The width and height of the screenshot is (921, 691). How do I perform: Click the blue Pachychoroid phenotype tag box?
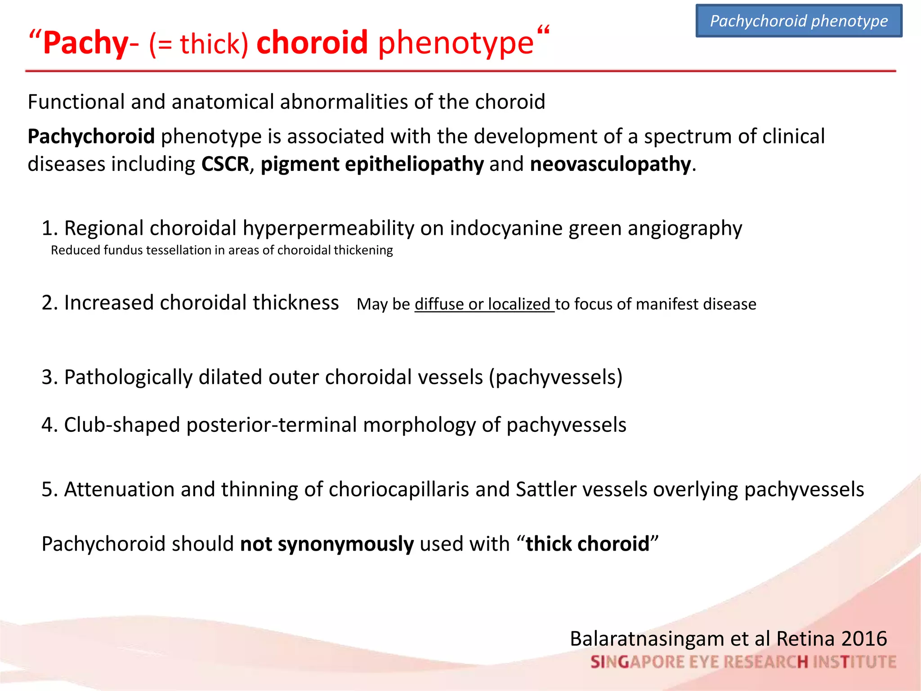799,21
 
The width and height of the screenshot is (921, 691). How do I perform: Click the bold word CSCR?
225,164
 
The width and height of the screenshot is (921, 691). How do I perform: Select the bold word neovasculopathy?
610,164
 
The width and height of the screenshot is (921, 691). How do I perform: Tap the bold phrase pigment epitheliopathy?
372,164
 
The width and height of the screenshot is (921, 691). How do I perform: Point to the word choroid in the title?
312,43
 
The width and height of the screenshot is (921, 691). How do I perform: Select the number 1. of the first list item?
49,229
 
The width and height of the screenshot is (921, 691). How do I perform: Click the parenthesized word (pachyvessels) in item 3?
556,377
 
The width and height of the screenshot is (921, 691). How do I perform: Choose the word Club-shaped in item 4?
122,425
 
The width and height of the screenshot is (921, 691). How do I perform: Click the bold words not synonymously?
326,544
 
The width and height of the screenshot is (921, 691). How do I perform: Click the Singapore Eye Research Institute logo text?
743,662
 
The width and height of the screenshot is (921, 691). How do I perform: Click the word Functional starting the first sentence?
76,102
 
